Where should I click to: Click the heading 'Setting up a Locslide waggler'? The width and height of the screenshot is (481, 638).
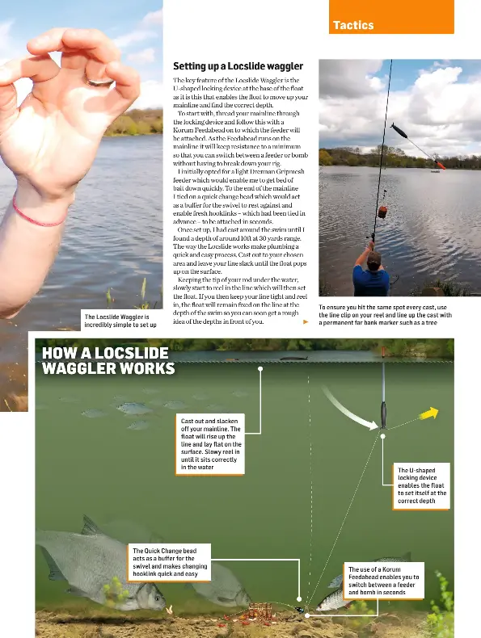(238, 65)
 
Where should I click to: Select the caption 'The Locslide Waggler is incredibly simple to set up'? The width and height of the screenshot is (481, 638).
(120, 321)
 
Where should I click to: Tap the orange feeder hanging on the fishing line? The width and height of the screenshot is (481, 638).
(383, 212)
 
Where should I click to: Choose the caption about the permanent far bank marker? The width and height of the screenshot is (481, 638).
(385, 316)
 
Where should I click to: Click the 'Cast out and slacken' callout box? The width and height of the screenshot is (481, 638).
(210, 443)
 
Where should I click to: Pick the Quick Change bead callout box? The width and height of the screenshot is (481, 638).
(170, 561)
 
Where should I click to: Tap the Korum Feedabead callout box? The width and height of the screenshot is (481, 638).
(384, 581)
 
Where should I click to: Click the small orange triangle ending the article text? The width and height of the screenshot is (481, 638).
(306, 321)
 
